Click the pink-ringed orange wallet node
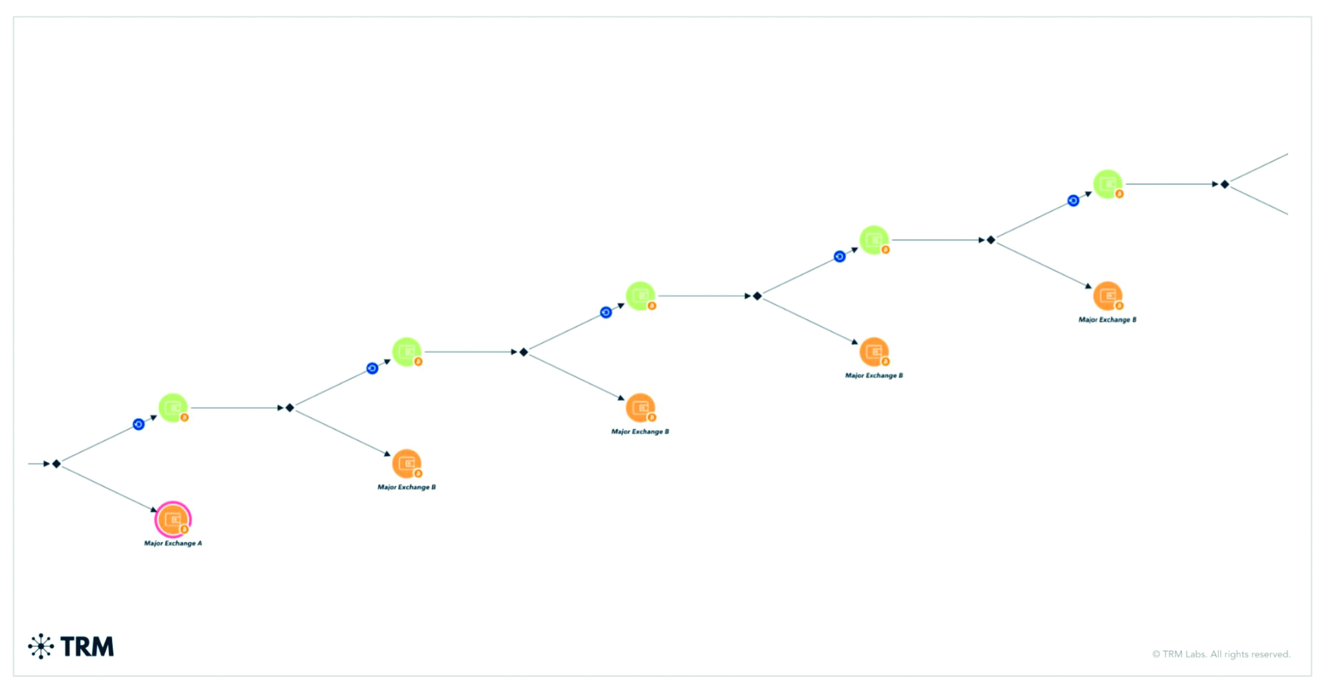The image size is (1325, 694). point(173,519)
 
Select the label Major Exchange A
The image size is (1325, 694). point(173,544)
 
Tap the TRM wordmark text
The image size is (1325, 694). point(87,647)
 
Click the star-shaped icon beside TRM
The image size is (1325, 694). point(41,646)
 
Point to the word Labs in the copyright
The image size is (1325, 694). point(1194,654)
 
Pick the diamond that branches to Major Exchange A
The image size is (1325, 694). point(57,464)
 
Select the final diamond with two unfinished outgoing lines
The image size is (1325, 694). point(1225,184)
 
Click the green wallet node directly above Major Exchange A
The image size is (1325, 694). point(173,408)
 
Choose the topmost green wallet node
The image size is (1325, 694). point(1108,184)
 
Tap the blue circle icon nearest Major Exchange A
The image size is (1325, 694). point(139,424)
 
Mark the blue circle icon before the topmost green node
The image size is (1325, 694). point(1073,200)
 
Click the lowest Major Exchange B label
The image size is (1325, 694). point(406,487)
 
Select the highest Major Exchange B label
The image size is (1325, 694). point(1107,319)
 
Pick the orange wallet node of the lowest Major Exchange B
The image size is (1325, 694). point(406,463)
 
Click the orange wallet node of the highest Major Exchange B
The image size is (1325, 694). point(1107,296)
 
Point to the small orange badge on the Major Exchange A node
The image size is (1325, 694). point(184,529)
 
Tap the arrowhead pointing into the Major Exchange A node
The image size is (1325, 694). point(154,509)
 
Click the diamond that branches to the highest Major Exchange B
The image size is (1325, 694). point(991,240)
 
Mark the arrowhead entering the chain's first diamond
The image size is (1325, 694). point(47,464)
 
